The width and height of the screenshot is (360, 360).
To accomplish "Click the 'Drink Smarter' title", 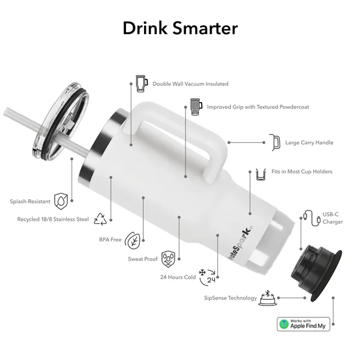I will point(180,28).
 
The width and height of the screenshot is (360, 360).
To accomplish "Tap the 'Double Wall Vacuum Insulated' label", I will point(190,84).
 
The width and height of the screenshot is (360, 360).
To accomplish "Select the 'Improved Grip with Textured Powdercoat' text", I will point(258,107).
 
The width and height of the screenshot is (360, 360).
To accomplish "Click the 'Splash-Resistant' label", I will point(29,201).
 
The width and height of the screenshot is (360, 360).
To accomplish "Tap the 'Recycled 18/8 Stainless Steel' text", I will point(53,220).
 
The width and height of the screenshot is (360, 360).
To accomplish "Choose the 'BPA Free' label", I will point(110,239).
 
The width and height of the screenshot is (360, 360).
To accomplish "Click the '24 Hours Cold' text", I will point(177,277).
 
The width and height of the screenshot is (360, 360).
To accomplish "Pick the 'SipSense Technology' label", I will point(230,298).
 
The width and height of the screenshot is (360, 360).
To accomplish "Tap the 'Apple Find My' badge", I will point(304,324).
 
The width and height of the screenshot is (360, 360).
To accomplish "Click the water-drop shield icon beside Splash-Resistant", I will point(61,200).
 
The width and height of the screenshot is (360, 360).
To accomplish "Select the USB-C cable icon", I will point(310,217).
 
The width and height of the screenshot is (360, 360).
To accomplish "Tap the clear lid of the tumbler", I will point(58,122).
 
